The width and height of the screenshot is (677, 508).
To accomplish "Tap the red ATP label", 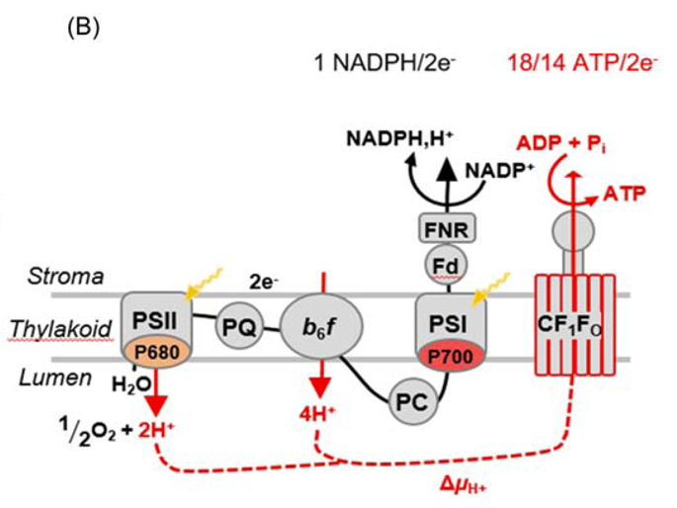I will click(626, 195).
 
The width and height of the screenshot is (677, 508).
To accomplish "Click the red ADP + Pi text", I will click(583, 144).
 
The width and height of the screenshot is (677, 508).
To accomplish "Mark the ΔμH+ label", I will click(466, 485).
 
